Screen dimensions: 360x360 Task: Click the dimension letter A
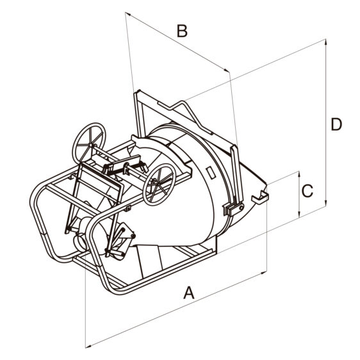pyautogui.click(x=189, y=292)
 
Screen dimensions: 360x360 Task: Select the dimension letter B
pyautogui.click(x=182, y=31)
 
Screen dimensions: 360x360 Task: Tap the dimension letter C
pyautogui.click(x=307, y=191)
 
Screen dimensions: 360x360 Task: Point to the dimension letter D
pyautogui.click(x=336, y=124)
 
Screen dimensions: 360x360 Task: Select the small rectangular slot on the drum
pyautogui.click(x=211, y=173)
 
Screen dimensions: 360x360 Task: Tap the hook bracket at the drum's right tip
pyautogui.click(x=260, y=197)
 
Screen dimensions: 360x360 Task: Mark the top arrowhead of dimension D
pyautogui.click(x=325, y=42)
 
